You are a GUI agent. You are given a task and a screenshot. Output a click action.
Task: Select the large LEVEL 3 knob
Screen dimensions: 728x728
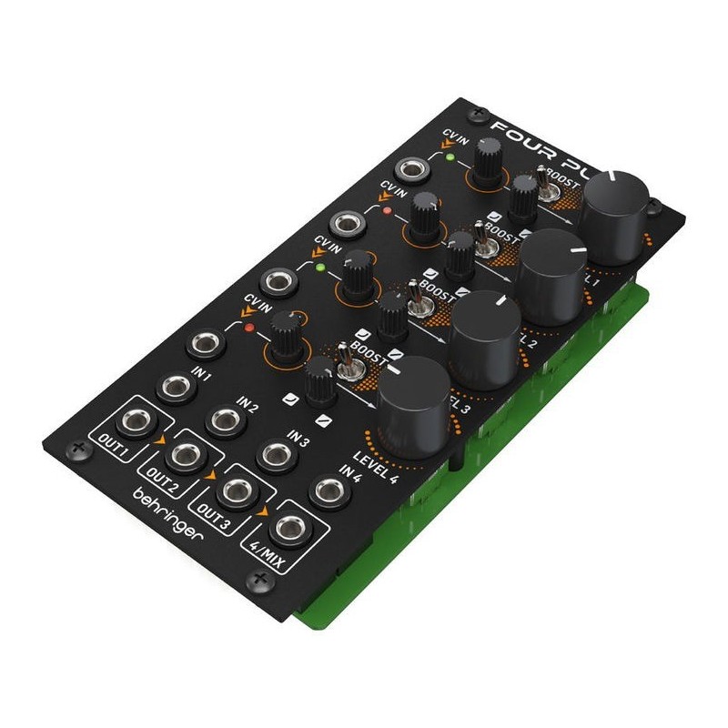485,332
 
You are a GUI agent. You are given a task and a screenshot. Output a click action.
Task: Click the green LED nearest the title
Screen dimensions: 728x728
449,157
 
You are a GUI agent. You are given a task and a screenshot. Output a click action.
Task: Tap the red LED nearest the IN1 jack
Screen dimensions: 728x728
247,327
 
